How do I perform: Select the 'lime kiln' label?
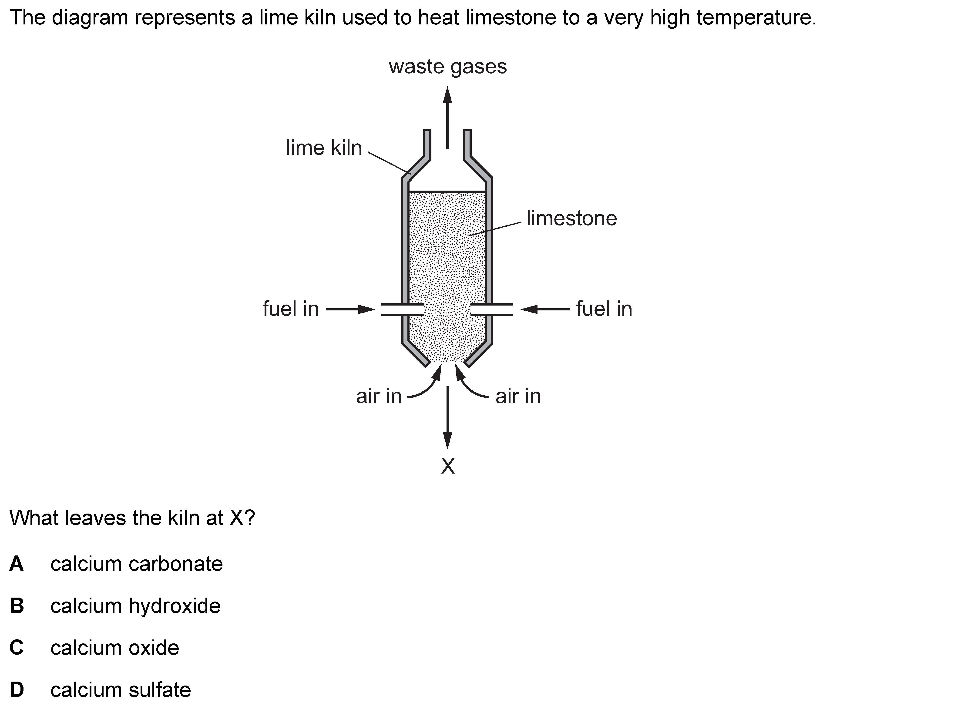point(324,148)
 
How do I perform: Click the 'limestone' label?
point(571,218)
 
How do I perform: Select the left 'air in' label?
point(379,396)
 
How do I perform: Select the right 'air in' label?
point(518,396)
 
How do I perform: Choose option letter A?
point(16,564)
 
